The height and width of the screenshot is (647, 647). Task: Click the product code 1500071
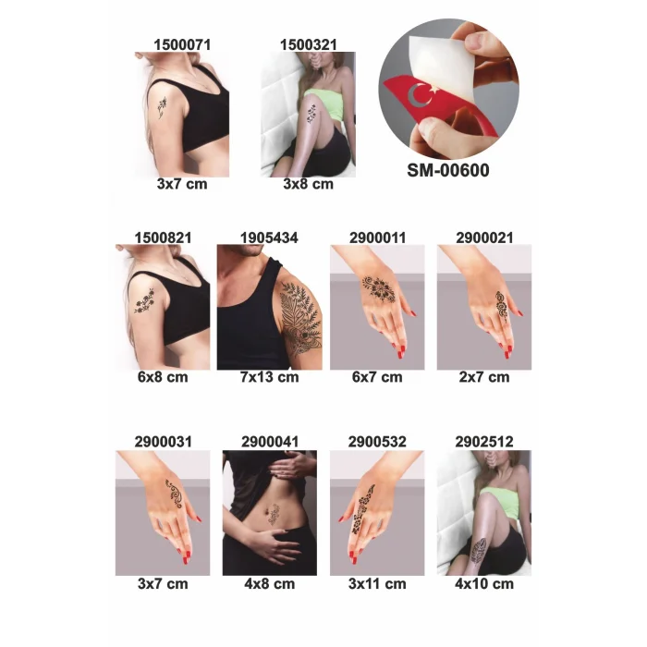pos(182,44)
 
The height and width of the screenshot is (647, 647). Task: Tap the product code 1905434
pos(269,238)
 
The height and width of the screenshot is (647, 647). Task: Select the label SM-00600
pos(448,170)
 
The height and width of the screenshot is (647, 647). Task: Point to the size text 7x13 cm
pos(270,377)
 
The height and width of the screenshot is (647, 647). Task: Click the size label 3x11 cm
pos(377,584)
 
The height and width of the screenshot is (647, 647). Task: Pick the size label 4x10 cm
pos(484,584)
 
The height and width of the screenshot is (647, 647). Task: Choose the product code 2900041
pos(270,442)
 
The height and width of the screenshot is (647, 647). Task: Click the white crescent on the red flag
pos(414,96)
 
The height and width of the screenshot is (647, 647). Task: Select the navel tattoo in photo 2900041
pos(273,514)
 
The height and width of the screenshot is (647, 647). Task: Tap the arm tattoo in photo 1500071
pos(162,108)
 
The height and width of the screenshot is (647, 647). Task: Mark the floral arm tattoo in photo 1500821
pos(144,300)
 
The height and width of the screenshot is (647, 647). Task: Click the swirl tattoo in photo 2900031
pos(174,493)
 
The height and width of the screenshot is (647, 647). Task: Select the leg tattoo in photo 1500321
pos(311,114)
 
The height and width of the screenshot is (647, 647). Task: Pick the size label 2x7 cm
pos(484,377)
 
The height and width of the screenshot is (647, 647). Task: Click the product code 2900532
pos(377,442)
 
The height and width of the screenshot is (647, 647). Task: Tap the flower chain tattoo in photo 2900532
pos(362,508)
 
